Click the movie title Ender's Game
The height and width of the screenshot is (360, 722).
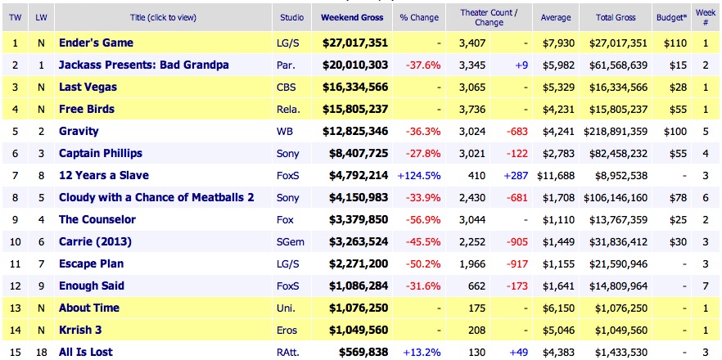(96, 43)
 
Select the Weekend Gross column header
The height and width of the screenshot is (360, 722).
(350, 17)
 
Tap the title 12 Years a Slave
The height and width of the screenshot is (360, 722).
(103, 175)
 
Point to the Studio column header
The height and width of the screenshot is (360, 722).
(292, 17)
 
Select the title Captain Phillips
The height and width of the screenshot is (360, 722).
(101, 153)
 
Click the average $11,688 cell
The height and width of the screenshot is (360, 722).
(555, 175)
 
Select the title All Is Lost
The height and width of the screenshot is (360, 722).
(86, 352)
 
